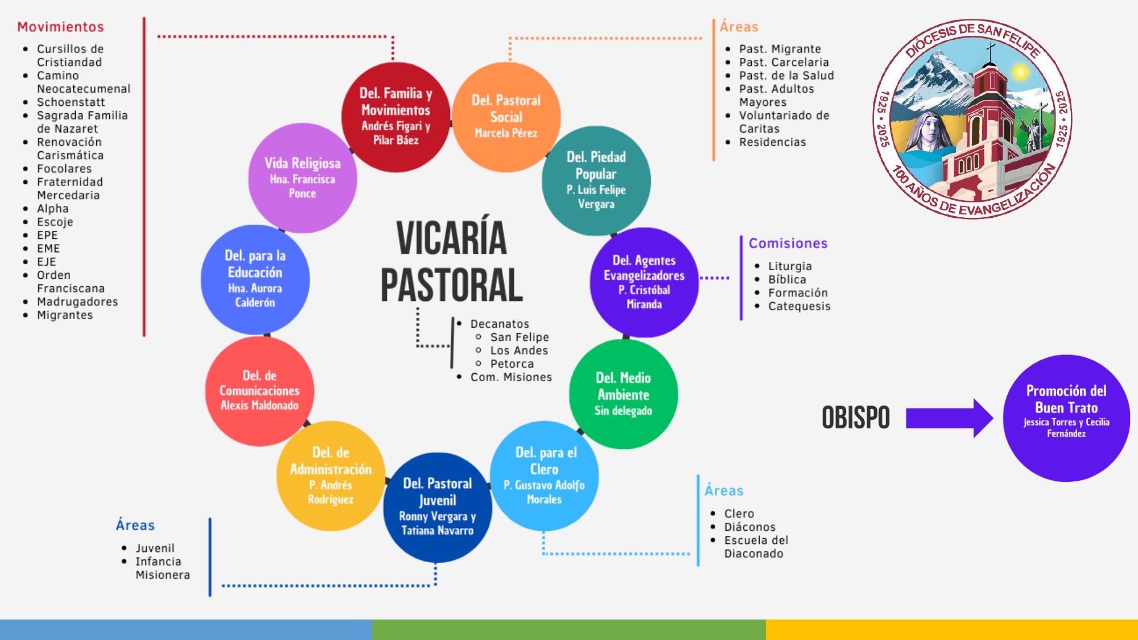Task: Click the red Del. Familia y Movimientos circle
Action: pyautogui.click(x=396, y=117)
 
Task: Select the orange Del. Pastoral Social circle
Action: pyautogui.click(x=506, y=117)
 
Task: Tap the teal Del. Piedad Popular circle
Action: pyautogui.click(x=596, y=181)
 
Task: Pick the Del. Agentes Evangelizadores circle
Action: pyautogui.click(x=644, y=282)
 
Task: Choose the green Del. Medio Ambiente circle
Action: pyautogui.click(x=624, y=394)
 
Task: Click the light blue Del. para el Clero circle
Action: pyautogui.click(x=544, y=476)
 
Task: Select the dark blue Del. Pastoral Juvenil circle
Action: pyautogui.click(x=438, y=507)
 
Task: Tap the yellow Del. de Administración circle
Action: pyautogui.click(x=331, y=476)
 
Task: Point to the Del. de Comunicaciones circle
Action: pyautogui.click(x=259, y=391)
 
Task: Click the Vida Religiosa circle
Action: pyautogui.click(x=303, y=178)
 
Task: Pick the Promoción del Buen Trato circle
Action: pyautogui.click(x=1066, y=418)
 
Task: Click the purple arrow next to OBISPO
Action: pyautogui.click(x=950, y=418)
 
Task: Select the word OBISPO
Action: pyautogui.click(x=856, y=418)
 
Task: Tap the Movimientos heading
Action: pyautogui.click(x=61, y=27)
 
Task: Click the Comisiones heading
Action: pyautogui.click(x=788, y=243)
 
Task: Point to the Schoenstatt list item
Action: pyautogui.click(x=71, y=102)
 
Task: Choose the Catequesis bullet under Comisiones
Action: pyautogui.click(x=799, y=307)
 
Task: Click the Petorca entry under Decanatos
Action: pyautogui.click(x=512, y=364)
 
